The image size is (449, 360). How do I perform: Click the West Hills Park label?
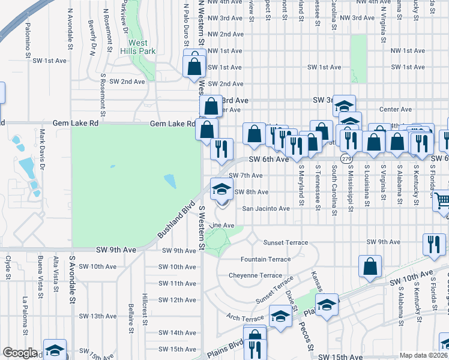click(x=137, y=47)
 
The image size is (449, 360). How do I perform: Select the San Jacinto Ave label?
click(x=266, y=209)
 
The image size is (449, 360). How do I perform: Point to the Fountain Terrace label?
click(x=265, y=259)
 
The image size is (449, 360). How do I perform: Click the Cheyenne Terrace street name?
click(x=255, y=275)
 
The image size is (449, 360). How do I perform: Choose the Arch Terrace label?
click(x=245, y=317)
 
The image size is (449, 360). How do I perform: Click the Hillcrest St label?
click(x=145, y=305)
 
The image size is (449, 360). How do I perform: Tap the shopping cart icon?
click(x=442, y=202)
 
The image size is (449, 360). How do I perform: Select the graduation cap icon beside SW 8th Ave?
click(x=221, y=190)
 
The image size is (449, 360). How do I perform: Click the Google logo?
click(x=19, y=353)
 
